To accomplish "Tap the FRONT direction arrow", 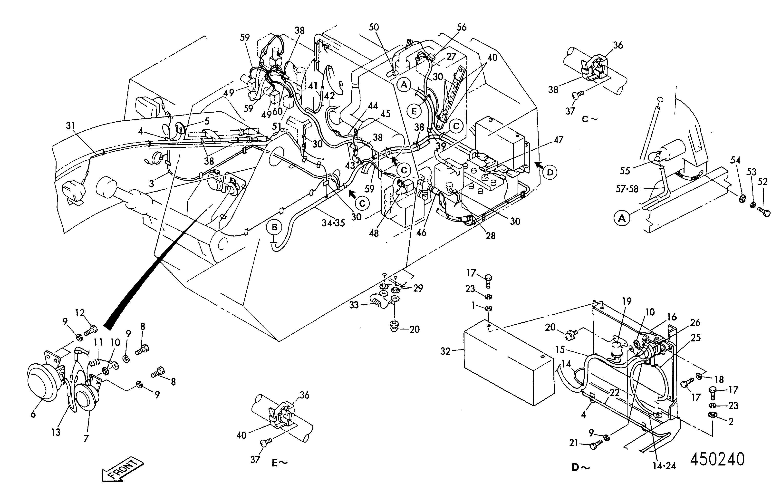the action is (x=123, y=469).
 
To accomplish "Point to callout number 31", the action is (x=70, y=126).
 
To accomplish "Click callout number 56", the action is (x=462, y=27).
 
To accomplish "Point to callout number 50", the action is (x=374, y=27).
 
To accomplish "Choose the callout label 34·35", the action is (x=333, y=223).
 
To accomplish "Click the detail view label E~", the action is (x=280, y=463).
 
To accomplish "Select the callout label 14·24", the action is (x=665, y=466).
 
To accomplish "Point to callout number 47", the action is (x=558, y=140).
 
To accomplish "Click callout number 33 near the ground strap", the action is (x=354, y=305).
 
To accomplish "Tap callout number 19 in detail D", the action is (x=627, y=301).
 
